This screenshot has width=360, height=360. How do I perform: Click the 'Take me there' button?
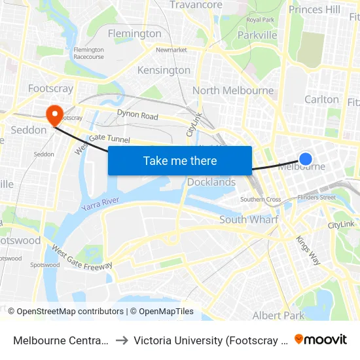(x=180, y=160)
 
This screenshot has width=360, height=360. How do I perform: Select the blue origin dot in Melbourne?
(x=305, y=158)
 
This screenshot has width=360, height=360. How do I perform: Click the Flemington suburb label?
(x=134, y=33)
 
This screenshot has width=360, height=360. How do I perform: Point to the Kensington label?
(x=164, y=70)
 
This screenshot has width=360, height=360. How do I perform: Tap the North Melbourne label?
(x=233, y=90)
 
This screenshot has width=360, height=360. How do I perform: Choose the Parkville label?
(x=259, y=35)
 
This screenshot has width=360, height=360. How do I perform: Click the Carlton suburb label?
(x=321, y=99)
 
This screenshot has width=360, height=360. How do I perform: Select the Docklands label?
(x=211, y=182)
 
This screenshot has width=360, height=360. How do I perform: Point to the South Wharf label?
(x=249, y=220)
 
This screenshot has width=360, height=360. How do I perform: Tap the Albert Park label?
(x=278, y=315)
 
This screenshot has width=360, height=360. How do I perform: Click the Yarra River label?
(x=101, y=205)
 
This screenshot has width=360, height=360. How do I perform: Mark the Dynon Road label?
(x=137, y=115)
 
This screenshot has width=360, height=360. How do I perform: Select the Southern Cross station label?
(x=261, y=199)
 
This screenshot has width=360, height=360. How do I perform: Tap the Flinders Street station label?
(x=316, y=197)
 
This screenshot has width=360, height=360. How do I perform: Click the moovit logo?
(x=321, y=339)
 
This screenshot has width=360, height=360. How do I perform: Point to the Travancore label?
(x=196, y=5)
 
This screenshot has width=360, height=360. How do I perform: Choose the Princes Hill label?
(x=314, y=9)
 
